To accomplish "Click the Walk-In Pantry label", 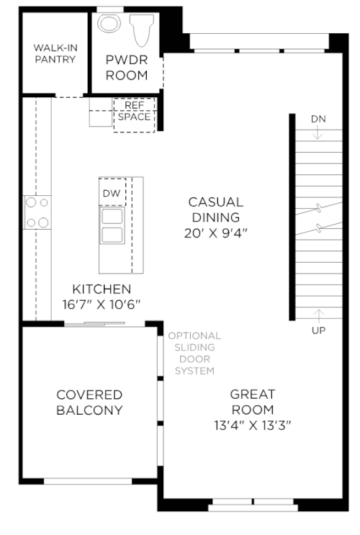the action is click(55, 53).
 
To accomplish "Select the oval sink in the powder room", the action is click(109, 23).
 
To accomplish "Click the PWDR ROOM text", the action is click(127, 68).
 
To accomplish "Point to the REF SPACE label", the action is click(134, 111).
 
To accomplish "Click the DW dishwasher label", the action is click(112, 193).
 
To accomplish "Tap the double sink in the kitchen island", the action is click(112, 225).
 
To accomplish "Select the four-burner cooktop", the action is click(37, 212).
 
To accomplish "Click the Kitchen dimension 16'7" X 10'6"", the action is click(102, 304).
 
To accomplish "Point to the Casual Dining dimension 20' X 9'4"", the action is click(216, 233).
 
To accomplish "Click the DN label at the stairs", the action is click(318, 119).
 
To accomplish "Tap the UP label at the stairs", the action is click(319, 331).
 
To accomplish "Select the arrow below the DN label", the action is click(318, 132).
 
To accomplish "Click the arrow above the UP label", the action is click(319, 316).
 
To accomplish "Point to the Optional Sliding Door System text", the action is click(194, 353).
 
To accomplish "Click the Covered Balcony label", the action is click(89, 403).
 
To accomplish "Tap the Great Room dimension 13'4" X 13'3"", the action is click(253, 426).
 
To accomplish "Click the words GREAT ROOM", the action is click(253, 402).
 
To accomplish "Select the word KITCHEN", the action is click(102, 289).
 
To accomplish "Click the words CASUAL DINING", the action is click(216, 210).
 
